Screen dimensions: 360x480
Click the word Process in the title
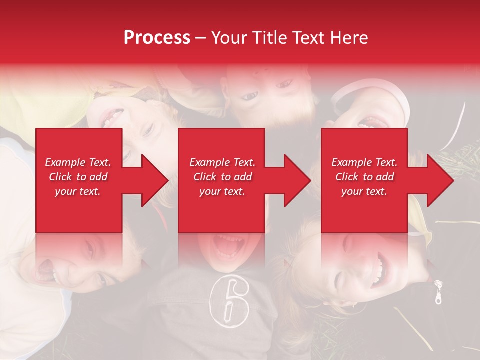[x=157, y=38]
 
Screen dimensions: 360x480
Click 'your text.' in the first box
[x=78, y=191]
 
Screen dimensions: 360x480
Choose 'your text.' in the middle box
[x=222, y=191]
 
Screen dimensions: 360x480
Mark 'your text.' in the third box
[x=364, y=191]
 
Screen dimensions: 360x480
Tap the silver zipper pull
[x=438, y=293]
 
